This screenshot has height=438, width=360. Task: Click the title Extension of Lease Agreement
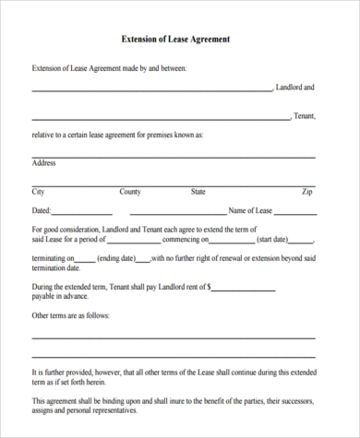click(x=175, y=40)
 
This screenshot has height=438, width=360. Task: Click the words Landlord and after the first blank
click(x=295, y=88)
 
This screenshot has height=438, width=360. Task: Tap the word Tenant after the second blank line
click(x=304, y=116)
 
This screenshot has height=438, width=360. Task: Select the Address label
click(x=44, y=163)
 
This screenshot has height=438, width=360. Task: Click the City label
click(x=39, y=192)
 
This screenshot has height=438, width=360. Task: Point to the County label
click(x=130, y=192)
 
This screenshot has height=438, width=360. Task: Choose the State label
click(x=198, y=192)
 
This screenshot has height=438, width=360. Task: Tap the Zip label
click(x=307, y=192)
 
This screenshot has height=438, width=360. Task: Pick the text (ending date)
click(x=116, y=258)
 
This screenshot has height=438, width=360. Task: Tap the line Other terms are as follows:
click(x=71, y=315)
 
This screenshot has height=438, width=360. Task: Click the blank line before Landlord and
click(x=152, y=90)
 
